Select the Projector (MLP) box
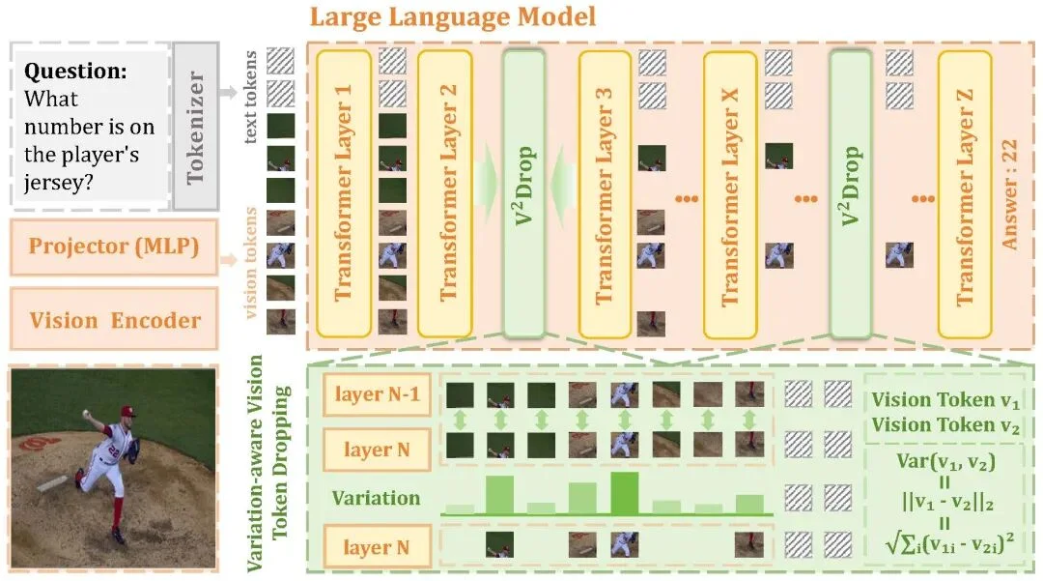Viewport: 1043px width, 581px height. pyautogui.click(x=114, y=247)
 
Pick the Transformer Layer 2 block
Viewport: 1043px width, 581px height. pyautogui.click(x=445, y=190)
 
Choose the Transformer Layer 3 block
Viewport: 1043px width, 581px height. pyautogui.click(x=605, y=190)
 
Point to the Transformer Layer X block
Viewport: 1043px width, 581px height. pyautogui.click(x=730, y=190)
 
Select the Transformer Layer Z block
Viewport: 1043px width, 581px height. pyautogui.click(x=963, y=190)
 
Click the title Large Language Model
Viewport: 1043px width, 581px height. pyautogui.click(x=454, y=17)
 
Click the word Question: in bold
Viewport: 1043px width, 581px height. pyautogui.click(x=75, y=71)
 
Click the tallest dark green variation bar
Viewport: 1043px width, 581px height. pyautogui.click(x=624, y=492)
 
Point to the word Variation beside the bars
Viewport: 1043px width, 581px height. pyautogui.click(x=377, y=499)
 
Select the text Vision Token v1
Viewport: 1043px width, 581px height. pyautogui.click(x=945, y=399)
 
